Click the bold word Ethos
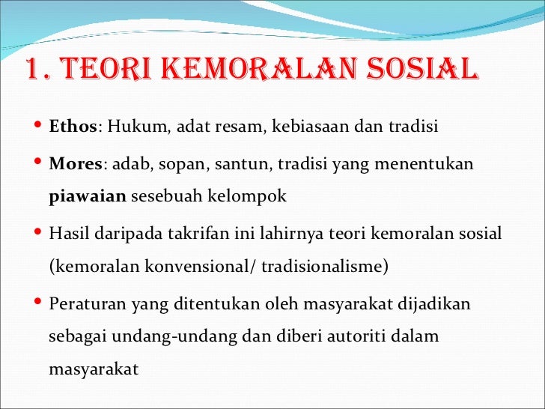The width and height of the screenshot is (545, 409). click(73, 124)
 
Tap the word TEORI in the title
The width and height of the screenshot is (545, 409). click(94, 70)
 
